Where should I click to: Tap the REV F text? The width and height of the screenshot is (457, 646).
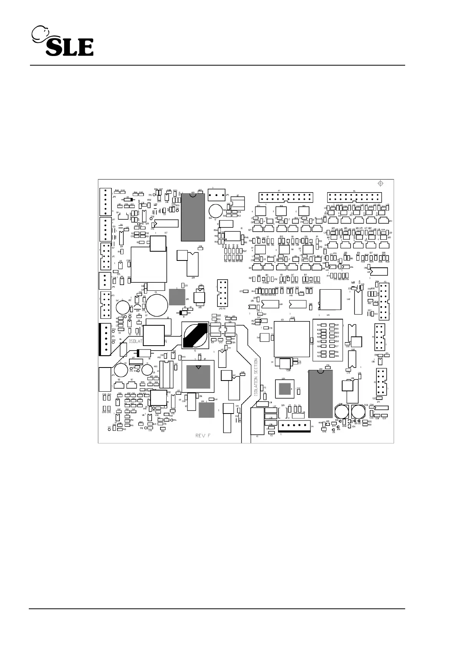(x=203, y=435)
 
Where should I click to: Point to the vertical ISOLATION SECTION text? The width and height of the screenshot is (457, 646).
(x=256, y=377)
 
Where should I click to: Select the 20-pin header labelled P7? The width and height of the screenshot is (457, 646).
(x=286, y=197)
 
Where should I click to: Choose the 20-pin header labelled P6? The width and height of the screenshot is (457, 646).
(x=354, y=197)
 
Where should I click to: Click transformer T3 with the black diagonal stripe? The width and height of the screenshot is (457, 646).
(x=195, y=335)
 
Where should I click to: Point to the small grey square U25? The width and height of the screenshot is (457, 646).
(x=177, y=297)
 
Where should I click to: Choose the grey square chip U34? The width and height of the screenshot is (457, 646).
(x=206, y=410)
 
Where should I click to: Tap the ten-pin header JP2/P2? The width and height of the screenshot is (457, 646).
(x=222, y=293)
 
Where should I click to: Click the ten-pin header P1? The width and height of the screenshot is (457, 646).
(x=381, y=382)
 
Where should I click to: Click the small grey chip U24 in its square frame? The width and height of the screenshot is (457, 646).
(x=285, y=389)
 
